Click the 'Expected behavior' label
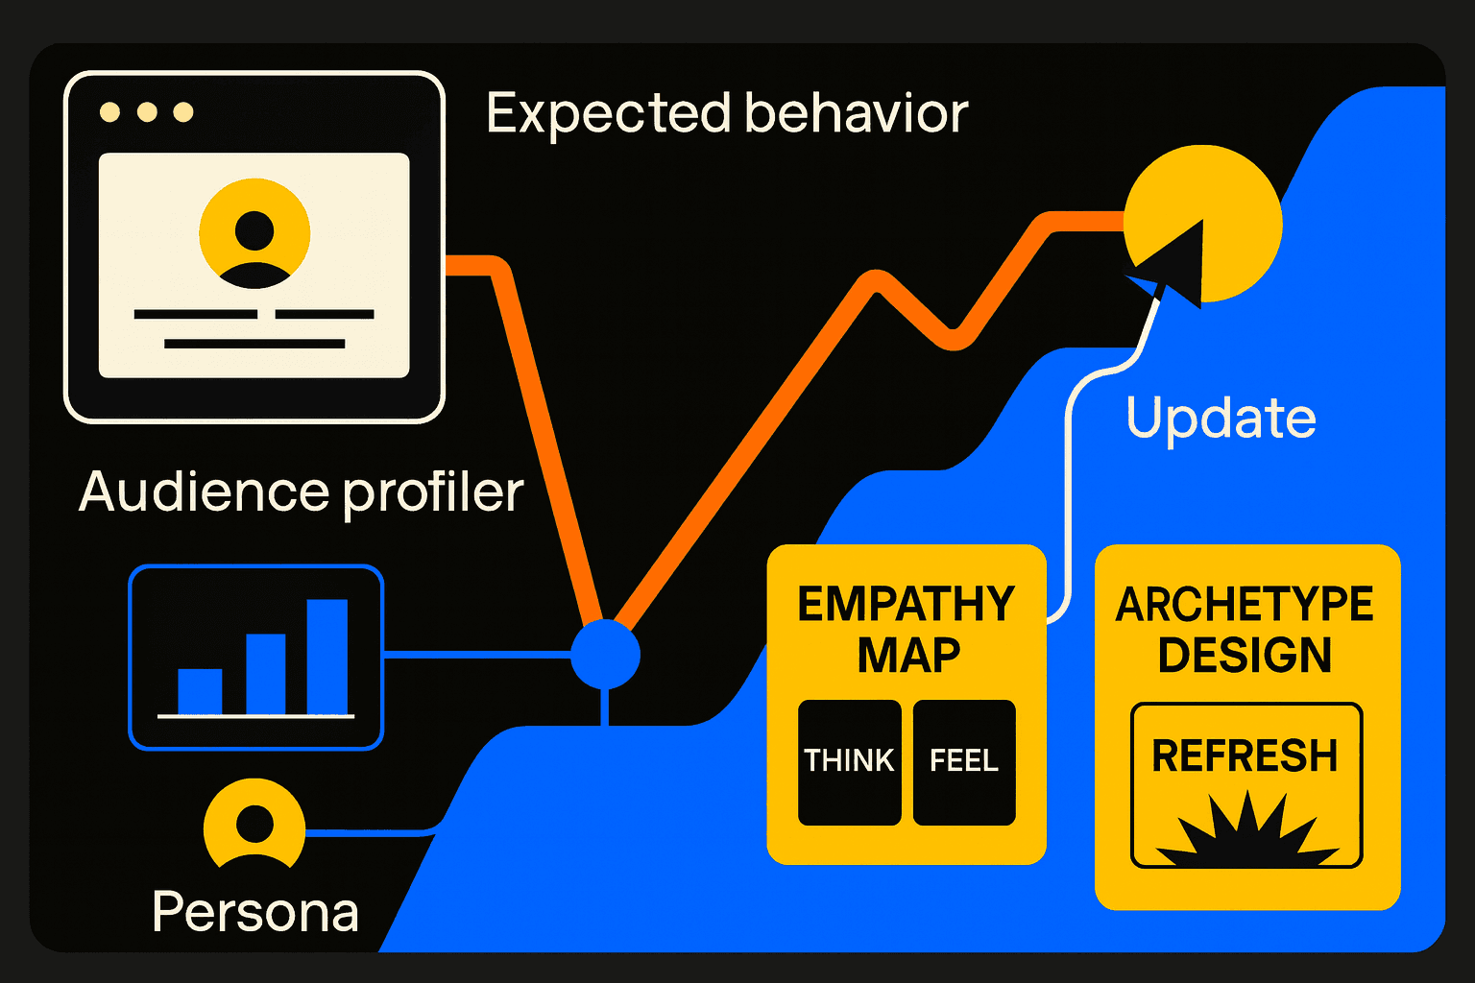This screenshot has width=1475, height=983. pyautogui.click(x=726, y=114)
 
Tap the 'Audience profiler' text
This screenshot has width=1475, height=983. pyautogui.click(x=301, y=491)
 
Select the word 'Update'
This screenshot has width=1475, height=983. pyautogui.click(x=1221, y=419)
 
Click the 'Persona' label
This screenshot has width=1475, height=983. pyautogui.click(x=255, y=912)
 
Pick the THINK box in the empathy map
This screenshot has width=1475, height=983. pyautogui.click(x=849, y=762)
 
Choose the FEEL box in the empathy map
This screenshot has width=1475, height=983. pyautogui.click(x=964, y=762)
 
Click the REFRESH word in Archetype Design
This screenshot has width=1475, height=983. pyautogui.click(x=1245, y=756)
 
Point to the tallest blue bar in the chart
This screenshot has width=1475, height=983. pyautogui.click(x=326, y=657)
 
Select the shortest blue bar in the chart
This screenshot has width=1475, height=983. pyautogui.click(x=200, y=691)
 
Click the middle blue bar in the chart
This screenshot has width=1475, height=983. pyautogui.click(x=266, y=674)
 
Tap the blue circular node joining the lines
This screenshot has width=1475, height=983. pyautogui.click(x=605, y=655)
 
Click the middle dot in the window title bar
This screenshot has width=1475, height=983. pyautogui.click(x=147, y=112)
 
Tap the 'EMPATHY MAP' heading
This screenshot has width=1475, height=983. pyautogui.click(x=907, y=630)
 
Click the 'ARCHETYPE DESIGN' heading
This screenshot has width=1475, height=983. pyautogui.click(x=1245, y=630)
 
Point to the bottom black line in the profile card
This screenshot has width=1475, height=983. pyautogui.click(x=254, y=344)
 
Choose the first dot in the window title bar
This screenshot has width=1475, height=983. pyautogui.click(x=110, y=112)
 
